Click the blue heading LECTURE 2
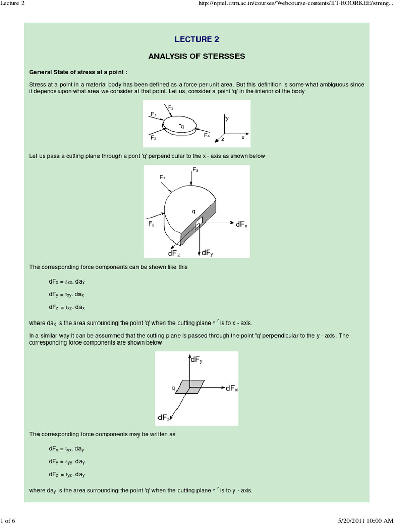tap(197, 39)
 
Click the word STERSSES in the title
tap(223, 56)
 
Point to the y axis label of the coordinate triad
tap(227, 118)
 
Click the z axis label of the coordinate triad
tap(223, 139)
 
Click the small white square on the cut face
tap(199, 221)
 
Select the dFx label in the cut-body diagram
tap(242, 225)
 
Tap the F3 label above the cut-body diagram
tap(195, 169)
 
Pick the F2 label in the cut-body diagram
tap(152, 224)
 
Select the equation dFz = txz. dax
tap(67, 307)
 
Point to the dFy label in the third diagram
tap(196, 360)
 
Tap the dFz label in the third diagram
tap(164, 417)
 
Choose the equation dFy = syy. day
tap(67, 461)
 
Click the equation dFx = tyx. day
tap(67, 449)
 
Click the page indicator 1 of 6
tap(9, 521)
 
